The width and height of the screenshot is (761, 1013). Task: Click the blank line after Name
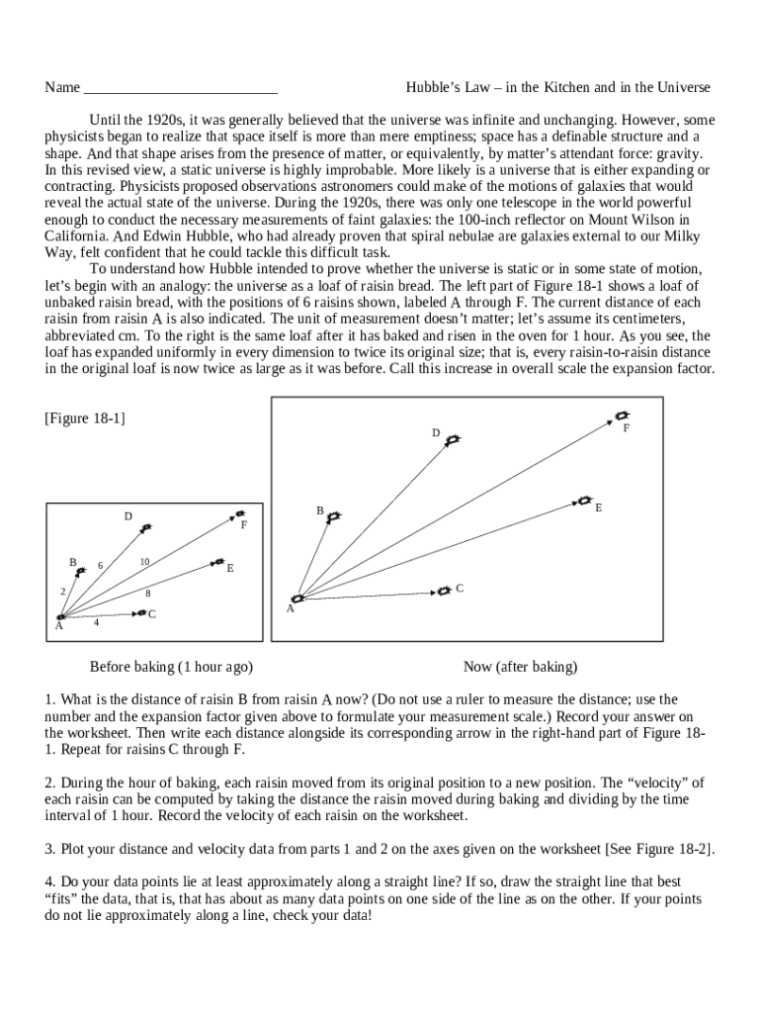tap(181, 89)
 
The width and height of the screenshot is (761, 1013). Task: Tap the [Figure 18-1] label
tap(85, 418)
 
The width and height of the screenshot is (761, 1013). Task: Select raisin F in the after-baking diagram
tap(622, 416)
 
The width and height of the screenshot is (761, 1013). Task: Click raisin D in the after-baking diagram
tap(452, 440)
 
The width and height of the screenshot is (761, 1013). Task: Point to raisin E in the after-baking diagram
tap(584, 502)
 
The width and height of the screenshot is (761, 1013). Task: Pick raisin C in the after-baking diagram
tap(445, 591)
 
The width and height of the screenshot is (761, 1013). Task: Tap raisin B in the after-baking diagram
tap(334, 517)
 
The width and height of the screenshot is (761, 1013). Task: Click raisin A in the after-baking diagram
tap(296, 599)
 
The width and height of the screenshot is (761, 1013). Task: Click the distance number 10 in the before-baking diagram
tap(144, 562)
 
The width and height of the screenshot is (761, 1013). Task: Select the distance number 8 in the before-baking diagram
tap(148, 594)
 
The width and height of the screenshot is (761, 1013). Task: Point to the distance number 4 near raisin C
tap(96, 623)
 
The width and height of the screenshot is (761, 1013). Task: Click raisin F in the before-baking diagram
tap(238, 514)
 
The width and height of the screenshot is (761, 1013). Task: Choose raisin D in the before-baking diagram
tap(146, 528)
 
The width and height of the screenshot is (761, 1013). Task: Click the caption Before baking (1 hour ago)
tap(171, 667)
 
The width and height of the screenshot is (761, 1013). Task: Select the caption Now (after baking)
tap(520, 667)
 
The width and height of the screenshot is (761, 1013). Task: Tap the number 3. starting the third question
tap(50, 849)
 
